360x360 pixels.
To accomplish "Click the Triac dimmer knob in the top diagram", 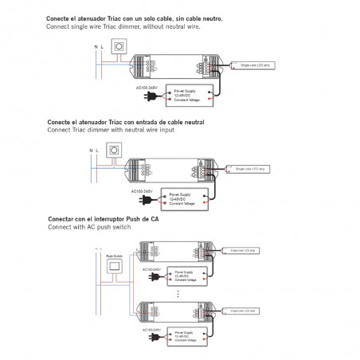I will pyautogui.click(x=121, y=47).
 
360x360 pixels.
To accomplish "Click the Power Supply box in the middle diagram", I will pyautogui.click(x=182, y=198).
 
